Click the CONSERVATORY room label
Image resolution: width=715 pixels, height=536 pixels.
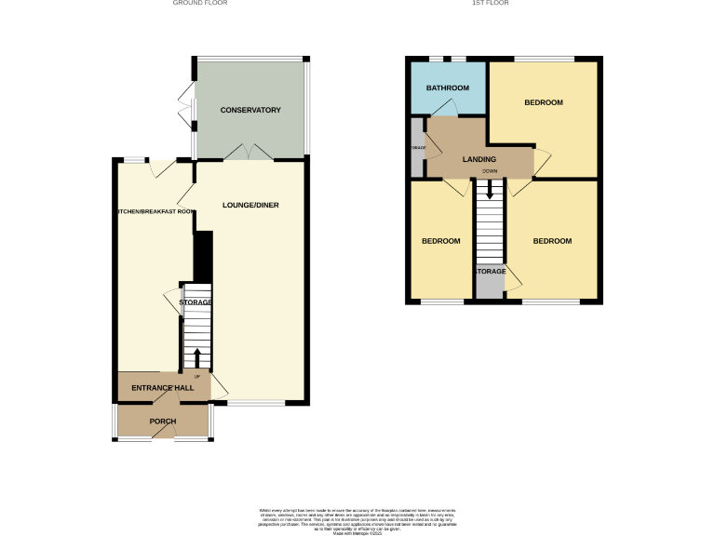pyautogui.click(x=250, y=111)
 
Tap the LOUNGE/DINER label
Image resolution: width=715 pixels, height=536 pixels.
pyautogui.click(x=250, y=205)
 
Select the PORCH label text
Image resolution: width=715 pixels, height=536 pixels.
pyautogui.click(x=163, y=422)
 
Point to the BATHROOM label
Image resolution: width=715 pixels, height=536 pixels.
pyautogui.click(x=447, y=87)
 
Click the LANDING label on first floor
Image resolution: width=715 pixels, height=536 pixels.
pyautogui.click(x=479, y=160)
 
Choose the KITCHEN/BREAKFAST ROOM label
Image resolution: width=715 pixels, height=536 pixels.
pyautogui.click(x=155, y=212)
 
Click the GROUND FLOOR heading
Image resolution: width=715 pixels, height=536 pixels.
pyautogui.click(x=200, y=4)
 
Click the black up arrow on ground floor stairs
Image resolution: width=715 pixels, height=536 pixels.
pyautogui.click(x=196, y=356)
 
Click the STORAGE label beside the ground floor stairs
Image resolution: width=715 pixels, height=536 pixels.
pyautogui.click(x=196, y=302)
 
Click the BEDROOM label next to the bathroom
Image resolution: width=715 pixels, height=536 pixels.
pyautogui.click(x=543, y=102)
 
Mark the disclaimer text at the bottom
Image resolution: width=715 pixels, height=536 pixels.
pyautogui.click(x=357, y=518)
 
